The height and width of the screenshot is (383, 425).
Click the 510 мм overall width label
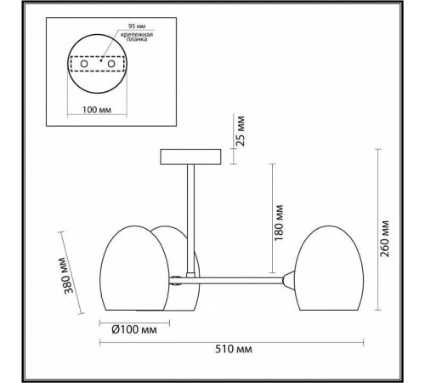[234, 349]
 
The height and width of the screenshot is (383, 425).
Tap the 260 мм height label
[384, 238]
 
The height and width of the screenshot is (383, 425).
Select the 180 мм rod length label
[279, 223]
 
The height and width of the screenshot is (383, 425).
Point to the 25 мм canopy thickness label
[241, 131]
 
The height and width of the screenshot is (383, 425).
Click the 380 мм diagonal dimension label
[67, 276]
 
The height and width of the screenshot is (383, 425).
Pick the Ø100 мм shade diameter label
[134, 329]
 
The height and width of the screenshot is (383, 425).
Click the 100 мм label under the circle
[97, 110]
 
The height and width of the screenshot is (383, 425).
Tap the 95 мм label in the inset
[137, 26]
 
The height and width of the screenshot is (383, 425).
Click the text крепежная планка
[137, 37]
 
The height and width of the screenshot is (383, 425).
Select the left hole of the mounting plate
[84, 64]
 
